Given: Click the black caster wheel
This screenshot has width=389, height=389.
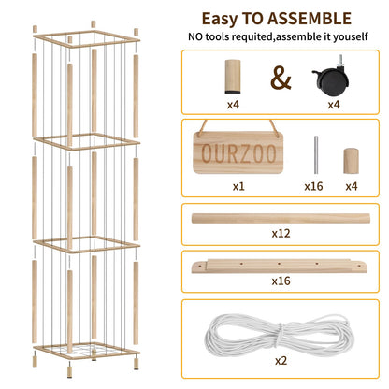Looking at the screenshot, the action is (x=330, y=76).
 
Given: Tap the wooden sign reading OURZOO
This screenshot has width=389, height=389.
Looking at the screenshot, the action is (x=238, y=151).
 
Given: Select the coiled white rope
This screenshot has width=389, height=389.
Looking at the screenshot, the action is (x=277, y=336).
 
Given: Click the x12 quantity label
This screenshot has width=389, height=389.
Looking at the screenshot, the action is (x=281, y=234).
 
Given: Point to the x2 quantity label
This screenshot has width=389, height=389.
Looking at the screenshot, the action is (x=281, y=361).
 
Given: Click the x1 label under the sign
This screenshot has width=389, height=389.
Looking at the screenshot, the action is (x=238, y=187).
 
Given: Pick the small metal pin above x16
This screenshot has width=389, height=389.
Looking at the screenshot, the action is (x=316, y=155).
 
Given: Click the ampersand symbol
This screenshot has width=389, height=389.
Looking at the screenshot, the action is (x=281, y=78).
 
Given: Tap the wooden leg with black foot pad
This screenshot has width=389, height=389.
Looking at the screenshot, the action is (x=233, y=77).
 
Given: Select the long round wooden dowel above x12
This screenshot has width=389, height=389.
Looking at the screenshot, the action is (x=281, y=219).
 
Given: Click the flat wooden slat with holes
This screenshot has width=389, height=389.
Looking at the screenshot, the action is (x=281, y=267).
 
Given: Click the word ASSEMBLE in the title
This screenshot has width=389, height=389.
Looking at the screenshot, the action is (x=310, y=19).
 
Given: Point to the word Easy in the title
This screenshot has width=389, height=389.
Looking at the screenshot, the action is (x=221, y=20).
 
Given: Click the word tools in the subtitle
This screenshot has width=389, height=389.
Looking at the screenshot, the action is (x=217, y=36).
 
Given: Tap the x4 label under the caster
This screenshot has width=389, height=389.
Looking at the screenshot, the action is (x=334, y=105).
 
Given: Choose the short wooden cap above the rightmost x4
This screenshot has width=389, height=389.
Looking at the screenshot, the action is (x=351, y=161).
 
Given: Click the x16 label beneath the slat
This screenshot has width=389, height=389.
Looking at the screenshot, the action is (x=281, y=281).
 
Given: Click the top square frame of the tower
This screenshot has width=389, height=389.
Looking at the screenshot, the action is (x=87, y=38).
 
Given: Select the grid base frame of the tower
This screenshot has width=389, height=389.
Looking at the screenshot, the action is (x=87, y=351).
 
